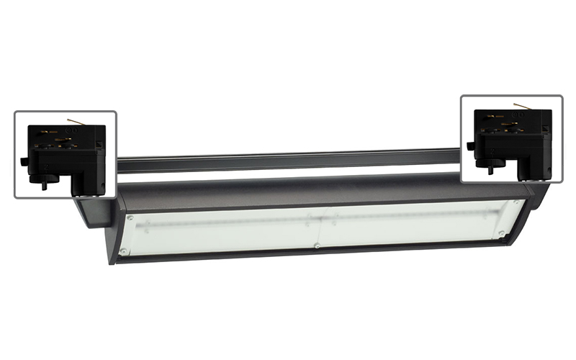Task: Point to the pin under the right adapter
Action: click(492, 170)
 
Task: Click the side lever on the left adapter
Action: click(24, 161)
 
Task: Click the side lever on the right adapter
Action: click(470, 146)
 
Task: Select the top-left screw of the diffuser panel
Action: click(130, 217)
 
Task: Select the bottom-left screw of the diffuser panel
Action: click(124, 251)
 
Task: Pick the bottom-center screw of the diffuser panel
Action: click(317, 246)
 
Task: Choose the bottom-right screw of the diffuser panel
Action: click(502, 235)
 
